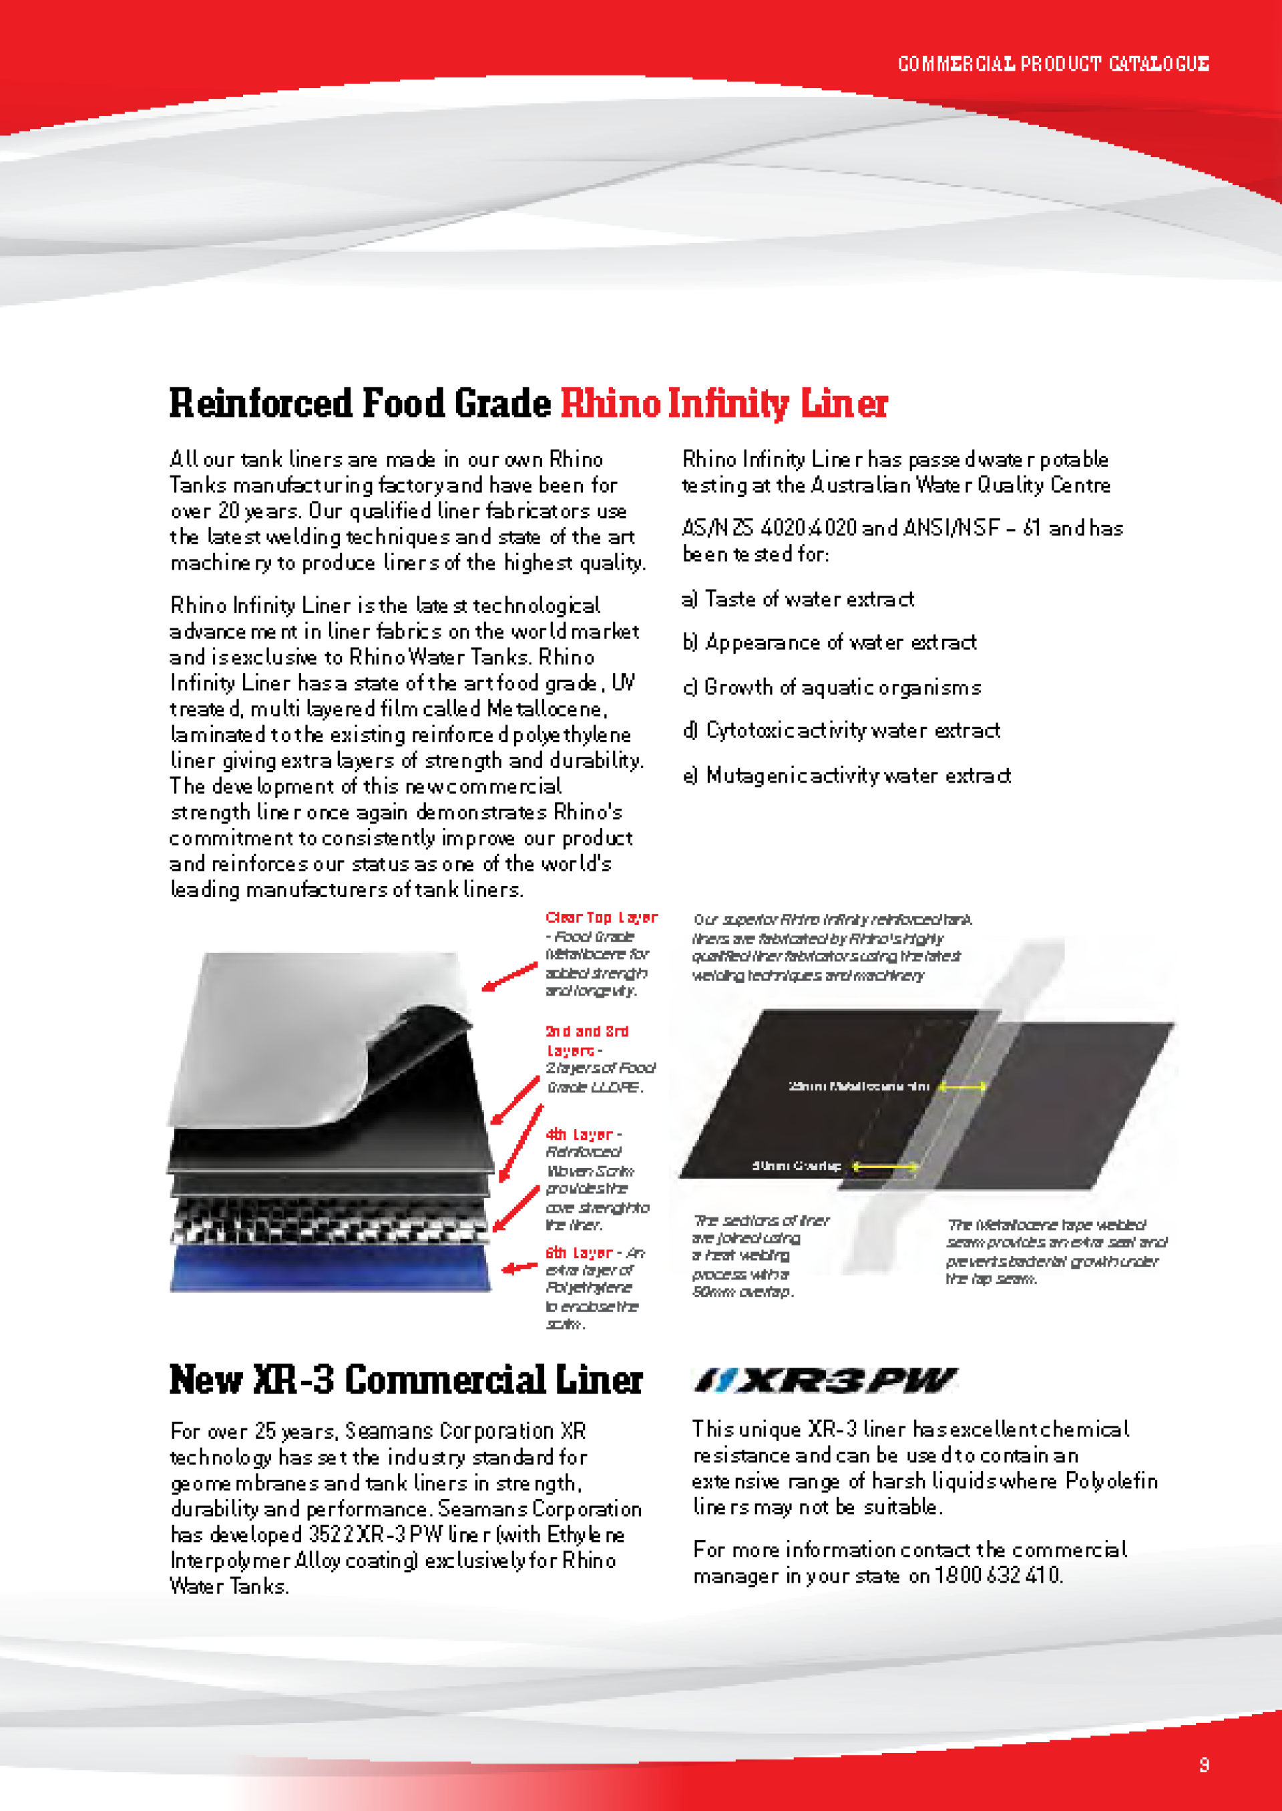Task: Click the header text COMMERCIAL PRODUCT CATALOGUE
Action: (x=1053, y=63)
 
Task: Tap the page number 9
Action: (x=1204, y=1764)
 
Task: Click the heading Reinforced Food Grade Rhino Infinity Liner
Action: (x=528, y=403)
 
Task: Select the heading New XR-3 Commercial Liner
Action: (x=406, y=1380)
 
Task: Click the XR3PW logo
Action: (x=825, y=1380)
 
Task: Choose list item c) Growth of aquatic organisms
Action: (x=831, y=688)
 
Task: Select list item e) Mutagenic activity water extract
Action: (x=846, y=776)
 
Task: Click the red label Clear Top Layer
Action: (x=601, y=918)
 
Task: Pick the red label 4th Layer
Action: (x=580, y=1135)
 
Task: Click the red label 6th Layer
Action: (x=580, y=1253)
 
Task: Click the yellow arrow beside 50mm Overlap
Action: (x=884, y=1166)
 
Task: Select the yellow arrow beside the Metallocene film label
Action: (x=961, y=1087)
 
